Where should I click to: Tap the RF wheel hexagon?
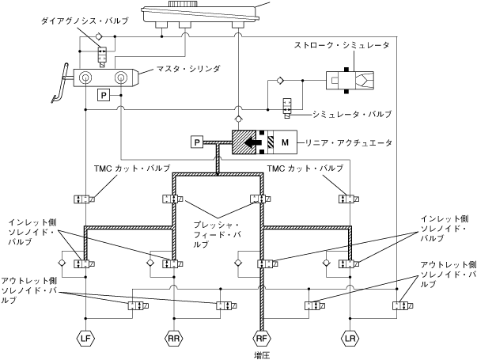260,339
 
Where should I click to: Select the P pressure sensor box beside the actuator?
198,142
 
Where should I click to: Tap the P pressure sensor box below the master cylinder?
104,95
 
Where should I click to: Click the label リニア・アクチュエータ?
352,143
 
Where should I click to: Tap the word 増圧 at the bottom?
262,355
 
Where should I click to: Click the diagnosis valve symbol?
102,54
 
